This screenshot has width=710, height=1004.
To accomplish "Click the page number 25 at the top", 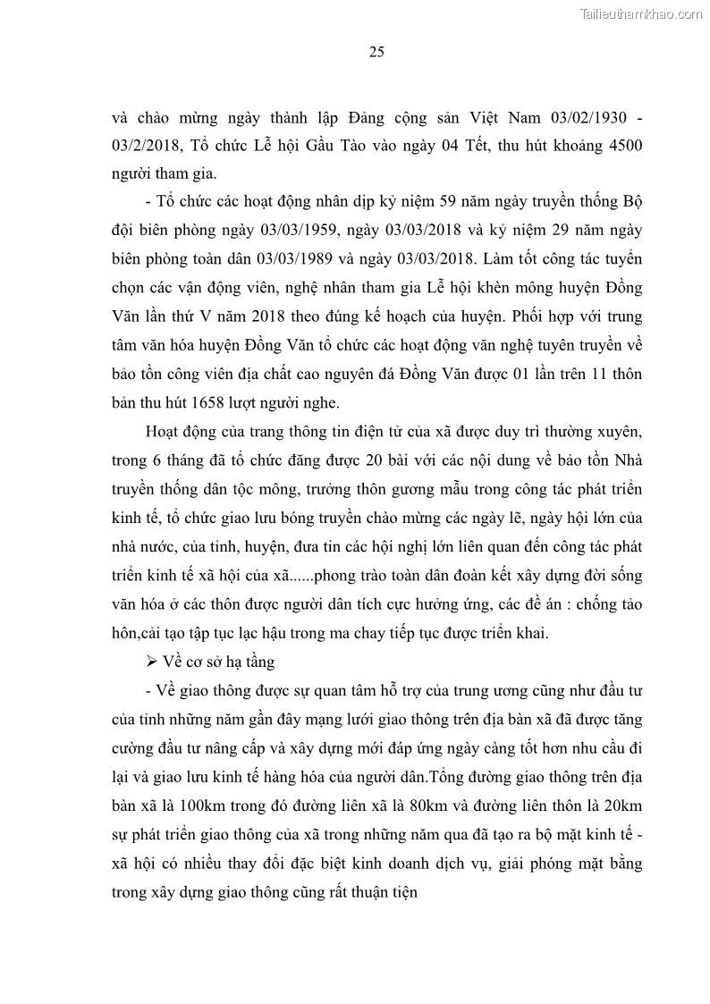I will click(x=376, y=52).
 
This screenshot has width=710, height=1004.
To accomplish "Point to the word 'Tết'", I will click(x=429, y=145).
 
